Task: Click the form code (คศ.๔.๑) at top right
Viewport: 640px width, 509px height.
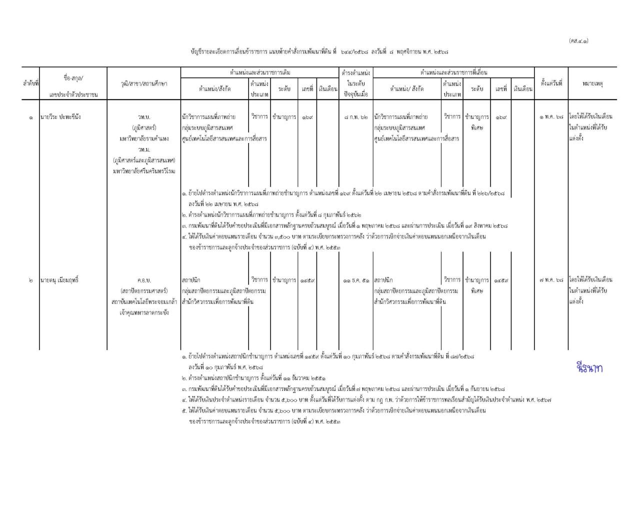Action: click(578, 41)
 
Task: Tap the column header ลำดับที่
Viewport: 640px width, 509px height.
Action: click(31, 83)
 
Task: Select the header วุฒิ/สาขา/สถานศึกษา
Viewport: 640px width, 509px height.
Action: click(144, 83)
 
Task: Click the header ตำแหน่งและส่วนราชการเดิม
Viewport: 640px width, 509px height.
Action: click(259, 72)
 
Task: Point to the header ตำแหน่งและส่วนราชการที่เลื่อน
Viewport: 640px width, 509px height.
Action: click(453, 72)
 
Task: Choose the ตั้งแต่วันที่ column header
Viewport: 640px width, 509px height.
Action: click(551, 83)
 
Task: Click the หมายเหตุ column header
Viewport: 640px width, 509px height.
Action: click(592, 83)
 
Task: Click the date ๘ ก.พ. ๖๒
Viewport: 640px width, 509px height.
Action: click(356, 117)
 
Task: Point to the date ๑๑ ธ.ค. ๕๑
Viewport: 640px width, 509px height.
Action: click(356, 280)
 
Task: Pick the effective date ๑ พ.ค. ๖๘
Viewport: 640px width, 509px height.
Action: click(551, 117)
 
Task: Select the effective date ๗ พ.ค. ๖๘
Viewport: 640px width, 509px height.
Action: click(551, 280)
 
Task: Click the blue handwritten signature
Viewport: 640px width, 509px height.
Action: click(589, 368)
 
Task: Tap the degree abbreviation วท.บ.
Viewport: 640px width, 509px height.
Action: click(144, 117)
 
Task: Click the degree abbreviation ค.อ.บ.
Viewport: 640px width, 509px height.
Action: click(144, 280)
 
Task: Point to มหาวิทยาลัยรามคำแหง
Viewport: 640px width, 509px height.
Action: click(144, 138)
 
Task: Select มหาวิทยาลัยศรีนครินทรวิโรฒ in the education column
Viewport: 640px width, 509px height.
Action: click(144, 171)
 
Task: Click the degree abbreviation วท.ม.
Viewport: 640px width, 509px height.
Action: click(144, 149)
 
